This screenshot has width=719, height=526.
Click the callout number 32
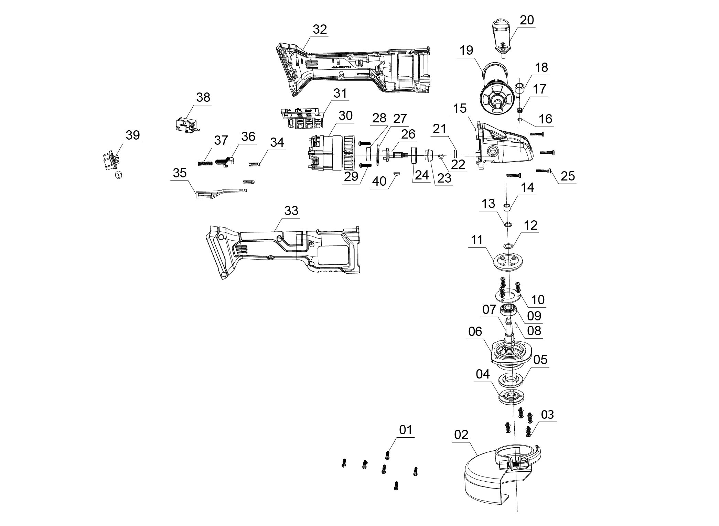(x=320, y=30)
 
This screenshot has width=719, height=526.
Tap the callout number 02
(x=461, y=435)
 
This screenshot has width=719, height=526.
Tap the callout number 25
(x=568, y=176)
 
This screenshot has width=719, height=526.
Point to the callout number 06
(x=475, y=332)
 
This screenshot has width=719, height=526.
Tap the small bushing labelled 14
(x=506, y=207)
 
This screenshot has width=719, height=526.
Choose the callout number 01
(x=406, y=430)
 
